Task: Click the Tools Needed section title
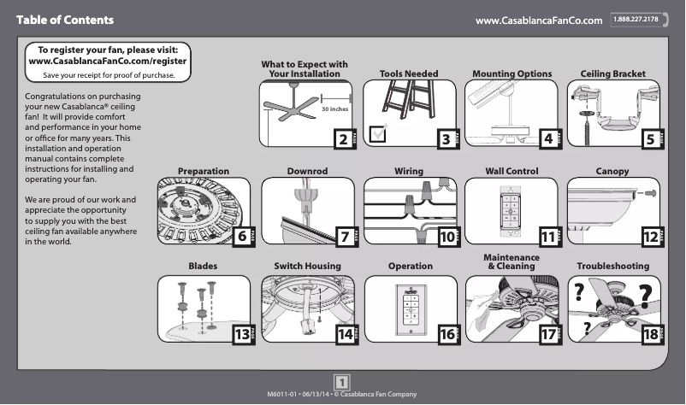pyautogui.click(x=408, y=74)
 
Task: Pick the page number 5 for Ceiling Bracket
pyautogui.click(x=651, y=138)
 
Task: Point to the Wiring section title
pyautogui.click(x=409, y=172)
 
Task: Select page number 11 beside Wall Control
pyautogui.click(x=548, y=235)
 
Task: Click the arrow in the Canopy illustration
pyautogui.click(x=652, y=194)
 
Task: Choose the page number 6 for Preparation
pyautogui.click(x=243, y=235)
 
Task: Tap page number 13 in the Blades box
pyautogui.click(x=243, y=334)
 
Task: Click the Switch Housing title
pyautogui.click(x=307, y=267)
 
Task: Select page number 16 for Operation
pyautogui.click(x=446, y=334)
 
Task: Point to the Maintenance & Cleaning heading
pyautogui.click(x=512, y=262)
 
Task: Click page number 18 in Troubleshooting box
pyautogui.click(x=651, y=334)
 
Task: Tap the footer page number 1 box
pyautogui.click(x=341, y=381)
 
